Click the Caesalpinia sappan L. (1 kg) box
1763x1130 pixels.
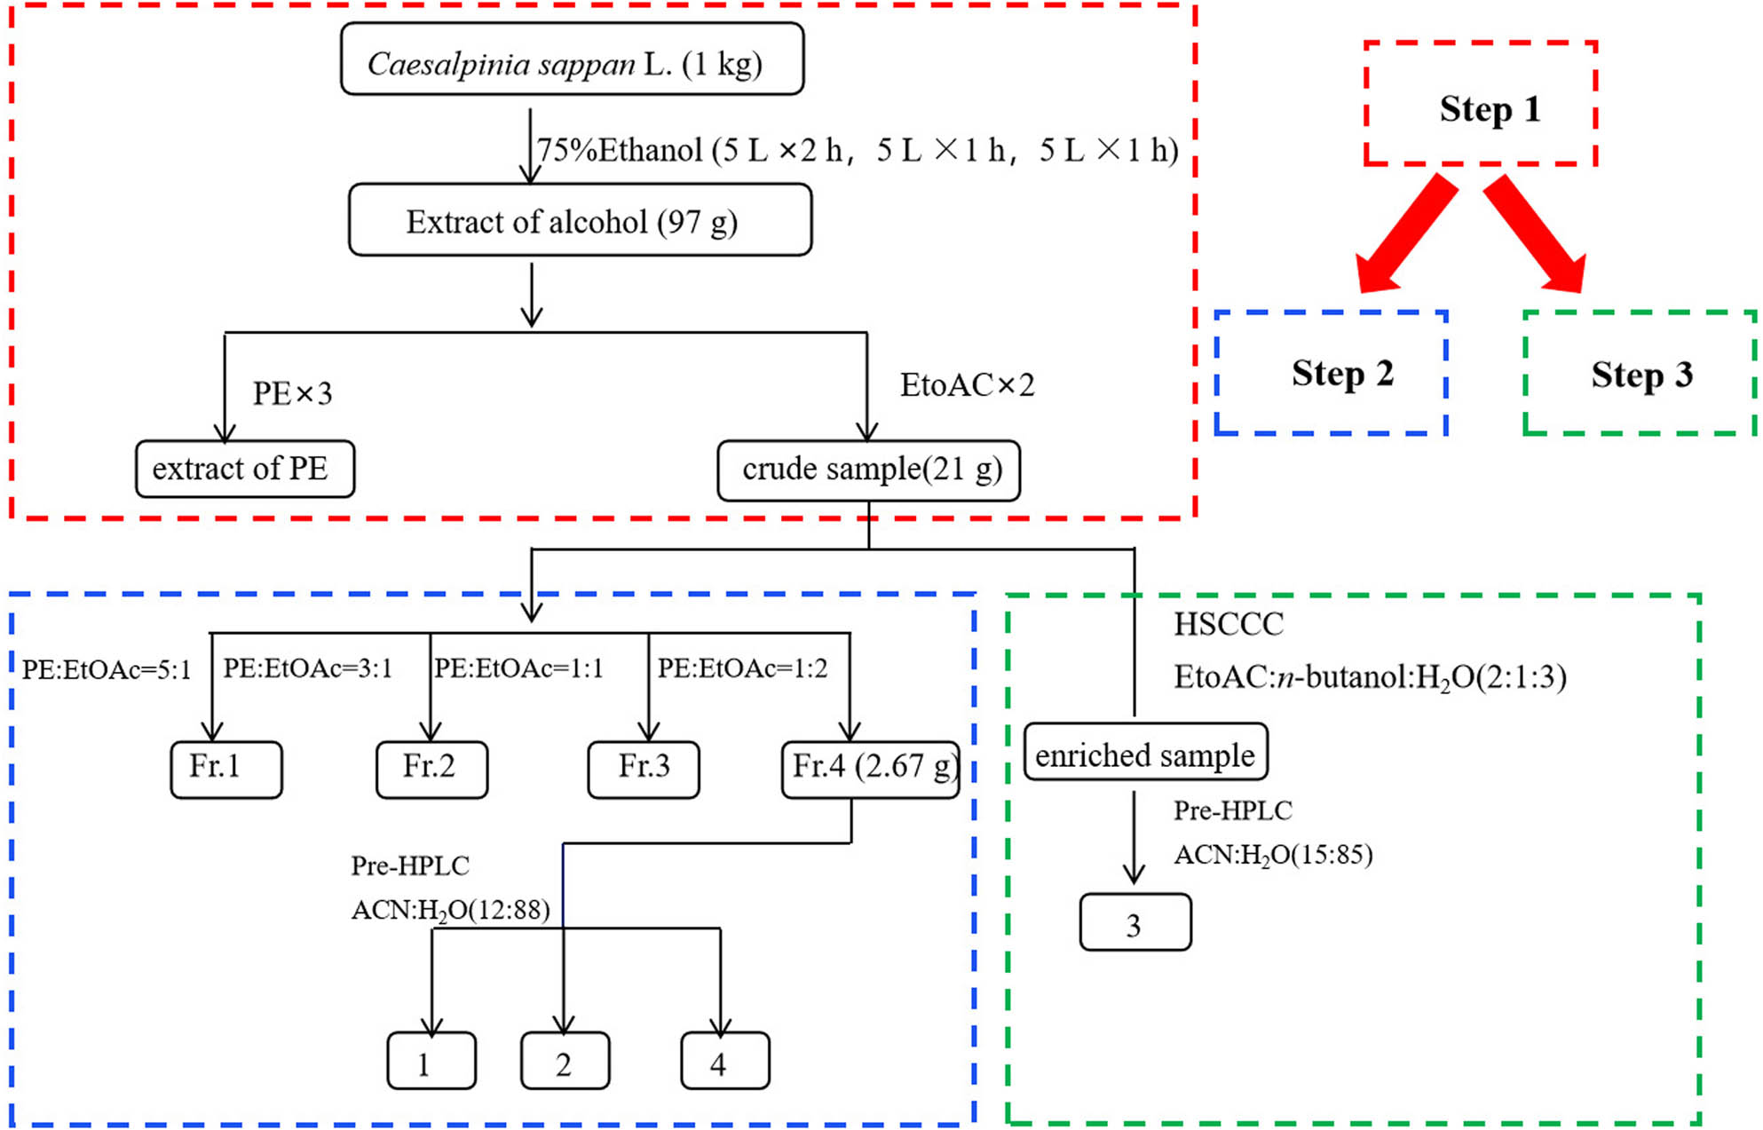point(572,59)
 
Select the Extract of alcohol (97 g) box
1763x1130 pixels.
point(580,220)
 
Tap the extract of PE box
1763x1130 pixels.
point(244,469)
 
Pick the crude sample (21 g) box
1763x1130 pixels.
point(868,470)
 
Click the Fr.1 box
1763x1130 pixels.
point(225,769)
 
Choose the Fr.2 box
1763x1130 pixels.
point(431,769)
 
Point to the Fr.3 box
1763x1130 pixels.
point(643,769)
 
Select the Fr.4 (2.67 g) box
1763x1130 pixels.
point(870,769)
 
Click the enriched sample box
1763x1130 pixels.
point(1145,753)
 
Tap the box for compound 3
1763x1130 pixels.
point(1134,923)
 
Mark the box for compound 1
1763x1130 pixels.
point(431,1061)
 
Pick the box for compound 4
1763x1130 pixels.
point(724,1061)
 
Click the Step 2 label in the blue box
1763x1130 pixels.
point(1342,374)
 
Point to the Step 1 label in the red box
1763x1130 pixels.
point(1490,109)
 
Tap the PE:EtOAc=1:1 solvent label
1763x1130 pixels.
point(518,668)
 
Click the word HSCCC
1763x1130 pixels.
point(1229,625)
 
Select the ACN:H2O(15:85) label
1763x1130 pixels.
point(1273,856)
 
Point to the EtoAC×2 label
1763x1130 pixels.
point(967,385)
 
